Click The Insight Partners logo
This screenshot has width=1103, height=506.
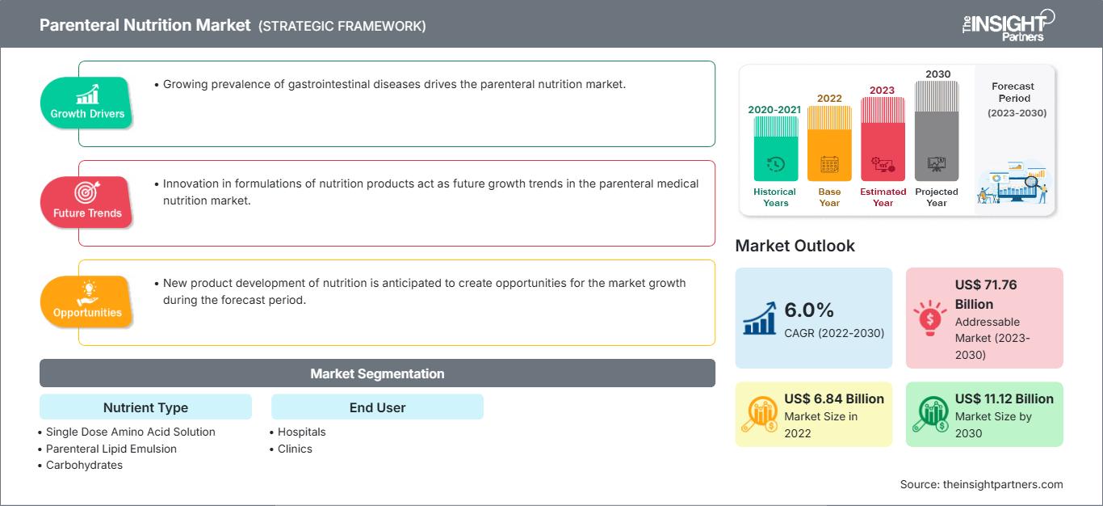click(1008, 25)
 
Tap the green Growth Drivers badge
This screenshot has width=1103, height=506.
click(86, 103)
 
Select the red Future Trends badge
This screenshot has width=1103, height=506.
click(86, 202)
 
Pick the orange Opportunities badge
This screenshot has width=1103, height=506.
click(86, 301)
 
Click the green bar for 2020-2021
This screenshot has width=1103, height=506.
click(775, 149)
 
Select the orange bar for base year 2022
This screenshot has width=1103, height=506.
click(829, 143)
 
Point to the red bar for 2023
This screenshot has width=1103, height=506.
click(883, 139)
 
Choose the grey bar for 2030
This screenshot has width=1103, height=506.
click(937, 131)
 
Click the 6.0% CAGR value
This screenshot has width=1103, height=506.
click(809, 310)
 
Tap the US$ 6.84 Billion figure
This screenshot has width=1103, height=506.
click(834, 398)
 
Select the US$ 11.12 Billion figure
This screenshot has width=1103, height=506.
click(1004, 398)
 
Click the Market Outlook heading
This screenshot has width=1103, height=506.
click(795, 246)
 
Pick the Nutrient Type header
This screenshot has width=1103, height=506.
click(146, 407)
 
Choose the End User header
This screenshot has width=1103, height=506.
click(377, 407)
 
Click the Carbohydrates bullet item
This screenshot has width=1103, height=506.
click(84, 465)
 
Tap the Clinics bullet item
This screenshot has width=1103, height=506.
click(295, 449)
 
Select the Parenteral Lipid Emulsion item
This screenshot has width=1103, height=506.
click(111, 449)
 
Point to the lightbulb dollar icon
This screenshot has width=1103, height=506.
click(929, 318)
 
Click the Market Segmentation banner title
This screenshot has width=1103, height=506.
click(377, 373)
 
